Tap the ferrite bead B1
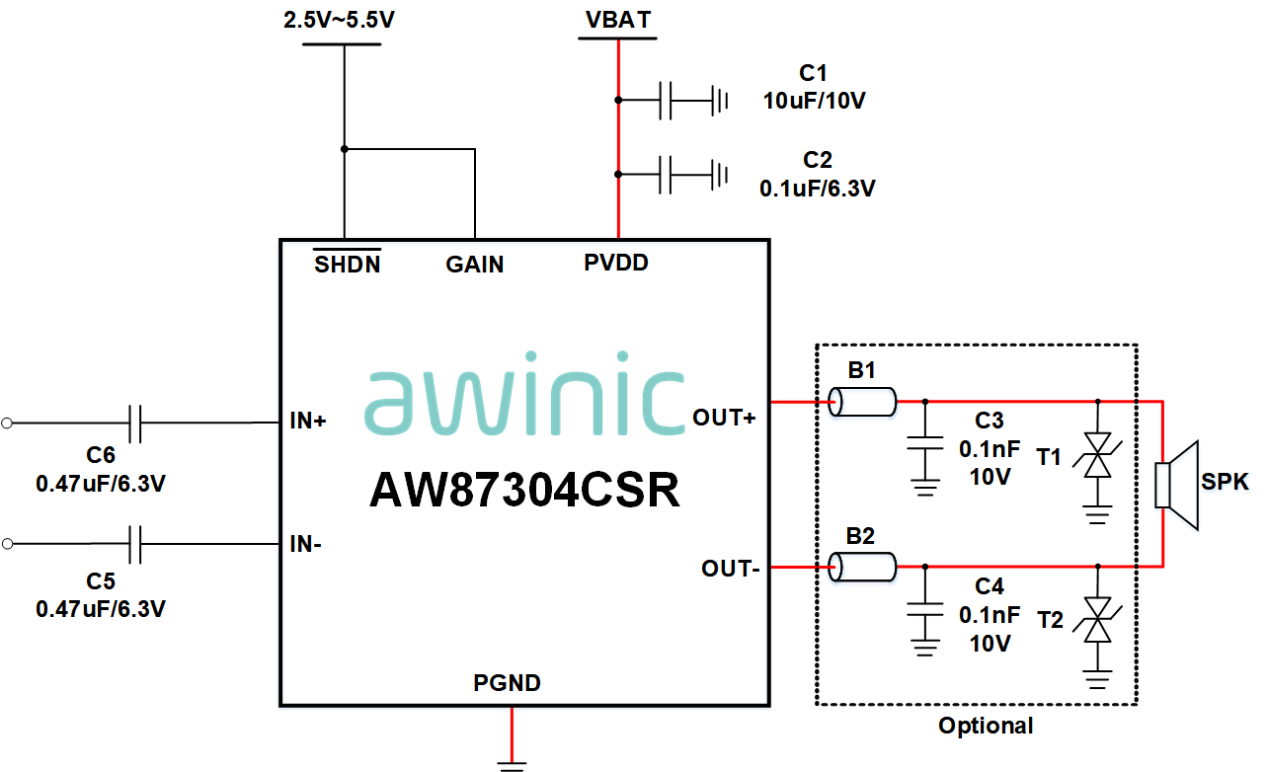click(862, 402)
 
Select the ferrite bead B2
click(862, 568)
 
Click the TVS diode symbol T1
click(1097, 455)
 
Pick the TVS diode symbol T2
click(1097, 620)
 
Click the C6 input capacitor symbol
click(135, 424)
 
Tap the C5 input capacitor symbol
click(135, 544)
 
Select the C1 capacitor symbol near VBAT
click(666, 100)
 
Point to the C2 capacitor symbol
click(666, 175)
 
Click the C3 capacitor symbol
click(925, 443)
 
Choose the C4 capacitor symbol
click(925, 609)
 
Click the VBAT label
click(618, 20)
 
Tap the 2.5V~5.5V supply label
click(340, 20)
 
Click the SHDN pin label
click(348, 265)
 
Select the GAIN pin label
click(475, 265)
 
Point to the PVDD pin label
click(616, 263)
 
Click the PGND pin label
click(507, 682)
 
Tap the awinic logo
click(524, 394)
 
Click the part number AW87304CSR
click(524, 490)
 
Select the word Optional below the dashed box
click(986, 726)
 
